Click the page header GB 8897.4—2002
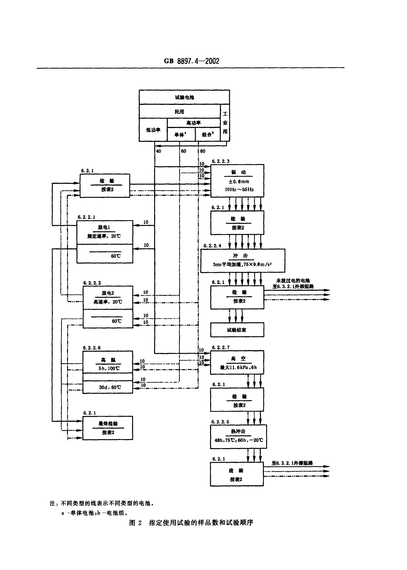coord(191,61)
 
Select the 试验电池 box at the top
coord(184,97)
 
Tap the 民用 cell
coord(179,112)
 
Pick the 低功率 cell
coord(153,130)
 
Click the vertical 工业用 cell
coord(225,123)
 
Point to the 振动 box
coord(237,181)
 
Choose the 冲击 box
coord(242,260)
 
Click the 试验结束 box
coord(237,330)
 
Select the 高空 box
coord(237,362)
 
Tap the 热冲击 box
coord(238,436)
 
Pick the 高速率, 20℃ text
coord(108,302)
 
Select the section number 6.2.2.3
coord(220,161)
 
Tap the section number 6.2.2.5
coord(220,422)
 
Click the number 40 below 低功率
coord(158,151)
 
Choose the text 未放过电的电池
coord(293,281)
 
